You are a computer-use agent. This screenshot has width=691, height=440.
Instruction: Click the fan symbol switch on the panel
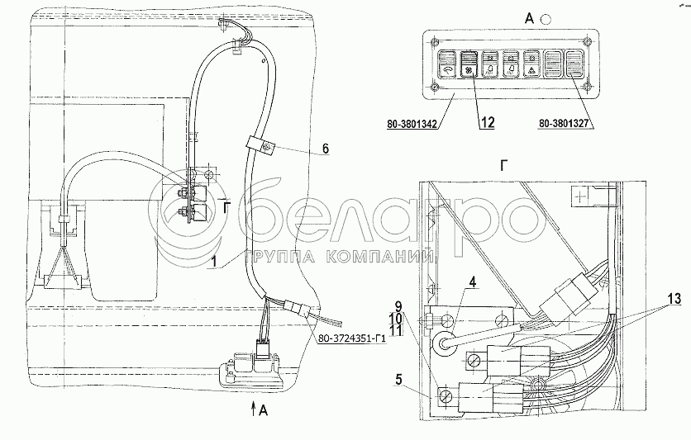(x=467, y=65)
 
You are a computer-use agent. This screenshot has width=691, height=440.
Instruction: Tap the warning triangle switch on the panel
(x=530, y=65)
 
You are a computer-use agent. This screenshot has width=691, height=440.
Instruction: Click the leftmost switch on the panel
(x=446, y=65)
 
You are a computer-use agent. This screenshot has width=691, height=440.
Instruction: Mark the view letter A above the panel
(x=503, y=17)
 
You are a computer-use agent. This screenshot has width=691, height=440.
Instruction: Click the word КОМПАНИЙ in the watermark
(x=388, y=258)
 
